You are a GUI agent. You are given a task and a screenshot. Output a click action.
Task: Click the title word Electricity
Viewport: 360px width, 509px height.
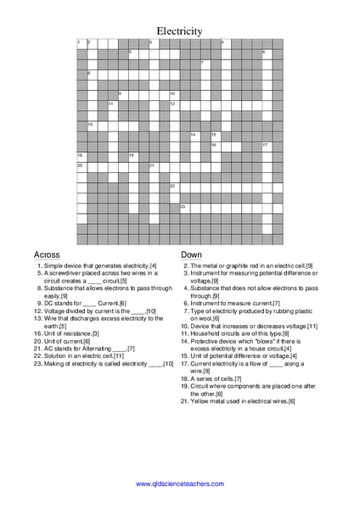[179, 31]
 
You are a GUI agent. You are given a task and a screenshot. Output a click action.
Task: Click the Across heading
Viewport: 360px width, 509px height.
[47, 255]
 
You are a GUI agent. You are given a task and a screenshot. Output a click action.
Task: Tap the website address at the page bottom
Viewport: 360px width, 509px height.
[179, 484]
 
